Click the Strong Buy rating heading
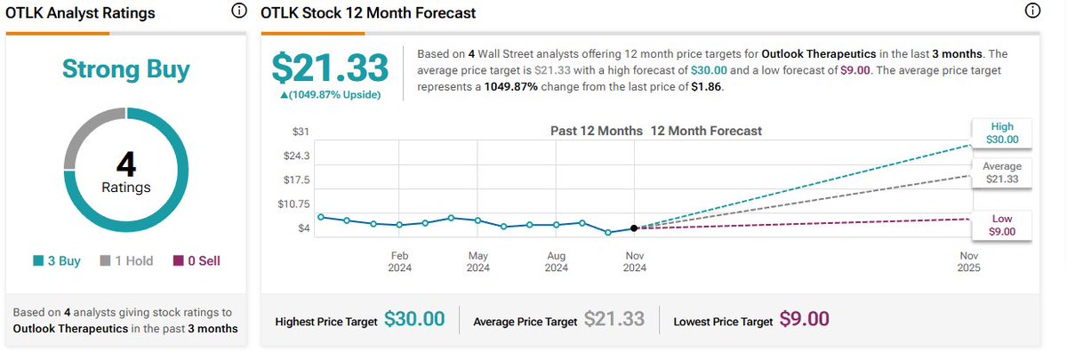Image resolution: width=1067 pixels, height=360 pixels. [125, 70]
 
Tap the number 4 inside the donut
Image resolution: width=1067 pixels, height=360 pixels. [125, 165]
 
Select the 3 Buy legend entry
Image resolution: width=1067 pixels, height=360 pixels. [58, 261]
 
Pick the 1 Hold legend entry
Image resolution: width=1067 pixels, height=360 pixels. [126, 261]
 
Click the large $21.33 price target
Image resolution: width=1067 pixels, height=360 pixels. [330, 68]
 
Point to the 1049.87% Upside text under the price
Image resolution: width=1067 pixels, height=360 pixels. [330, 95]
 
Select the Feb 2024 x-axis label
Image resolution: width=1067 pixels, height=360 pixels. [399, 260]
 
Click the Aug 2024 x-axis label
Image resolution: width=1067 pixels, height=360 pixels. [556, 260]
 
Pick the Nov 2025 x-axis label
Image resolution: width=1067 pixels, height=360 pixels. [968, 260]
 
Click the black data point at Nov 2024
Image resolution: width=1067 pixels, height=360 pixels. [634, 228]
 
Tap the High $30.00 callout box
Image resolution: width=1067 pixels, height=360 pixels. [1001, 132]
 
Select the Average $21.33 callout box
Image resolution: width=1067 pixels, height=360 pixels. [1001, 172]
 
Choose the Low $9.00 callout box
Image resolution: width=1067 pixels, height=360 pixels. [1001, 225]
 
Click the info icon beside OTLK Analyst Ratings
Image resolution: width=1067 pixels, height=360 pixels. [237, 12]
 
